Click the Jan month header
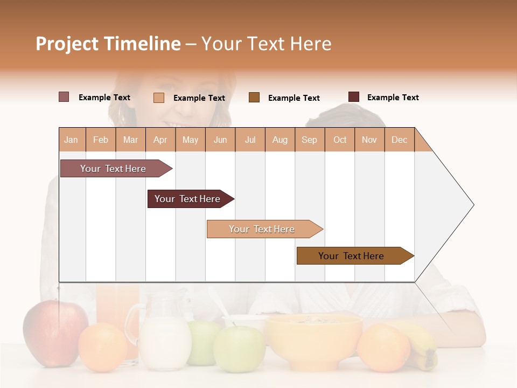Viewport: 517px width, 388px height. [x=71, y=140]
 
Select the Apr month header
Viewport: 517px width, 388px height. [x=160, y=140]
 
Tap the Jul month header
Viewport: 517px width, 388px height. [x=250, y=140]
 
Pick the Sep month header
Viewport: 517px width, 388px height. [x=309, y=140]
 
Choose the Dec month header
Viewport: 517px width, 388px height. [x=399, y=140]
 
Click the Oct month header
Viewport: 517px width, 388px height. [x=340, y=140]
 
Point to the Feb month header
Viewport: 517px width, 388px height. [x=101, y=140]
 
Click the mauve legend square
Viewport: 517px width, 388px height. [x=64, y=97]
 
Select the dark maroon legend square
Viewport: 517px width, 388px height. [x=354, y=97]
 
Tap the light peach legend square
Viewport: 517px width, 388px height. [x=159, y=98]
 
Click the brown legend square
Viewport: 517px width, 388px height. [x=254, y=98]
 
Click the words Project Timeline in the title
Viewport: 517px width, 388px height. [x=108, y=44]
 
